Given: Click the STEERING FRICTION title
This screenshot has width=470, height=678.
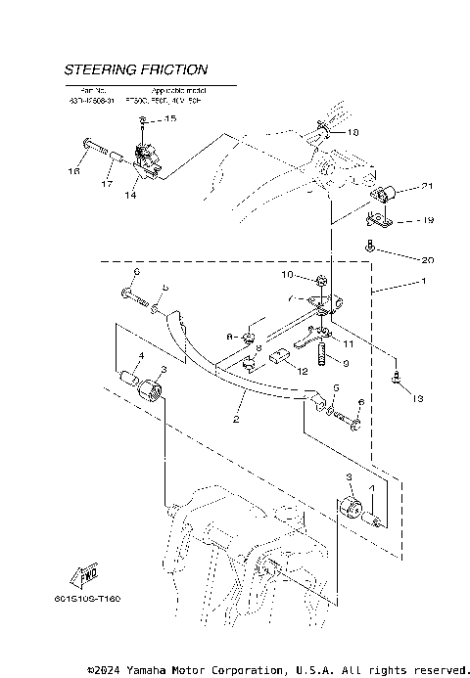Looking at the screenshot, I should (x=135, y=70).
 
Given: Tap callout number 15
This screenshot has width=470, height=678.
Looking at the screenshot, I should (x=169, y=119).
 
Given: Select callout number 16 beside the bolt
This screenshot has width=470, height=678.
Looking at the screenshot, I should (x=73, y=171).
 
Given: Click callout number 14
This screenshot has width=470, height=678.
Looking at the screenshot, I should (x=131, y=195).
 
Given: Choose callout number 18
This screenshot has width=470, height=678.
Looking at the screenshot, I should (x=352, y=131).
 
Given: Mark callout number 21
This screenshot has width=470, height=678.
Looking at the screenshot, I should (x=399, y=186).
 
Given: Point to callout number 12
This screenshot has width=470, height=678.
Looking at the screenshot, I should (x=303, y=372).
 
